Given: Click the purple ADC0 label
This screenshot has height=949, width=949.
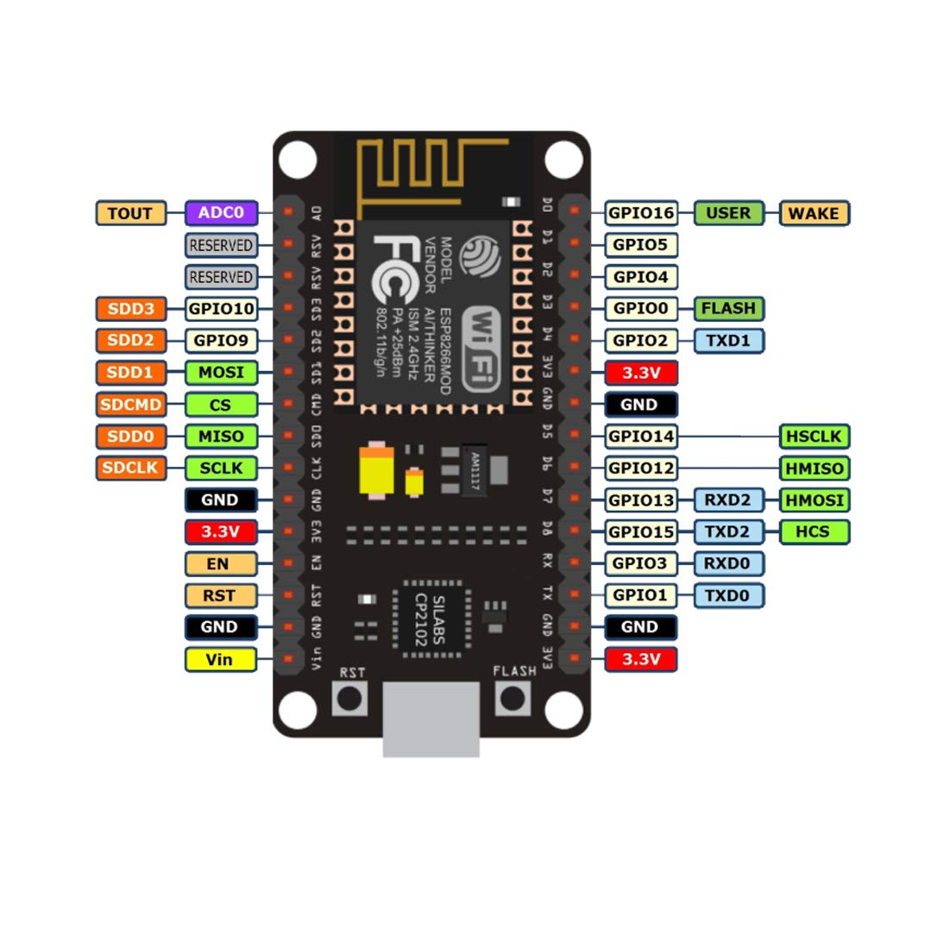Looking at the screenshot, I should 221,213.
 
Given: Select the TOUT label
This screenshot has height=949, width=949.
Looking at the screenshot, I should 130,213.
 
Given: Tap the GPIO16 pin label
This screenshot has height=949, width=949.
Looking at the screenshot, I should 641,213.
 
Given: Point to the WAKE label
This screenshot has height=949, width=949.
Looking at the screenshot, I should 814,213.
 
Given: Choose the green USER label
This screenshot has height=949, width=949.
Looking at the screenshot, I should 728,213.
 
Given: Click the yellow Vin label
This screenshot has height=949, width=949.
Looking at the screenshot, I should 220,660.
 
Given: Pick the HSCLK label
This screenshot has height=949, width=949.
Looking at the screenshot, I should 814,437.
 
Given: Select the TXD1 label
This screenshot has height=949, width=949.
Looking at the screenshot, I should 728,341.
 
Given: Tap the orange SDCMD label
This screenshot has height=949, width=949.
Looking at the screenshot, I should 130,405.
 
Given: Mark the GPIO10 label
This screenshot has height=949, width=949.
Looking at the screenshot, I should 221,309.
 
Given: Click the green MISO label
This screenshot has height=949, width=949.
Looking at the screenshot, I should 221,437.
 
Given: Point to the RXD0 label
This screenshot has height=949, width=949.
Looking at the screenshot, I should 727,564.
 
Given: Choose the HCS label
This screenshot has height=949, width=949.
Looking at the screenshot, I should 814,532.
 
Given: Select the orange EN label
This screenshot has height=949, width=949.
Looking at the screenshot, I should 220,564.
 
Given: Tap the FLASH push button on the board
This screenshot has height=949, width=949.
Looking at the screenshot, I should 514,697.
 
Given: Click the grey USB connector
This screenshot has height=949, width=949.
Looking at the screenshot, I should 431,718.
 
